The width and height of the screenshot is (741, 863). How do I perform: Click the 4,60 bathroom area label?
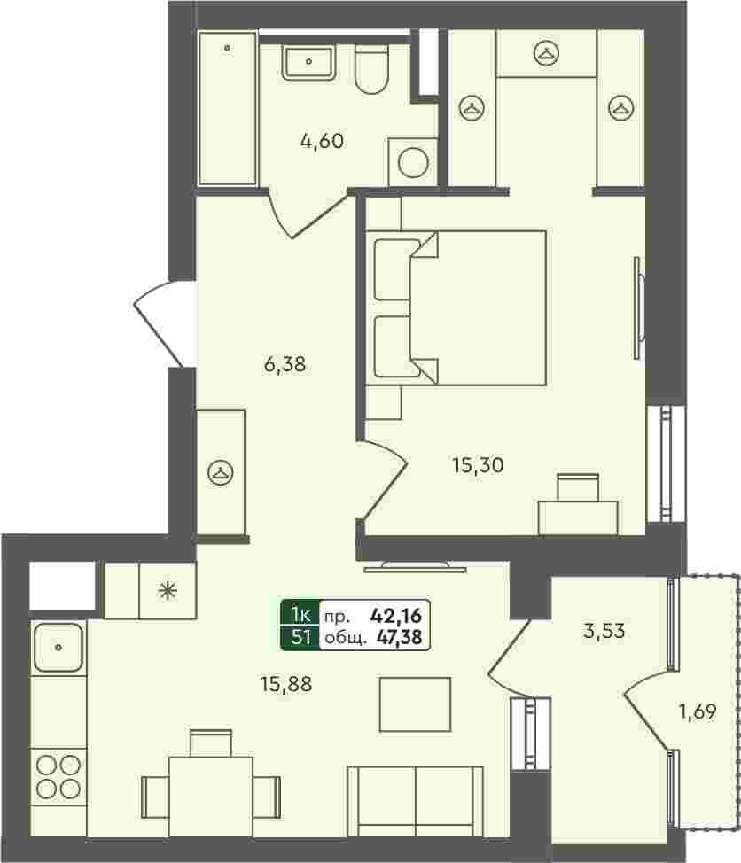(322, 141)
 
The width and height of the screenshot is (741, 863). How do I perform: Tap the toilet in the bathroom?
(371, 68)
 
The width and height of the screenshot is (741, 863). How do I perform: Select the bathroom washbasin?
(308, 62)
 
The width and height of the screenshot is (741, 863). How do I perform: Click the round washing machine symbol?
(413, 163)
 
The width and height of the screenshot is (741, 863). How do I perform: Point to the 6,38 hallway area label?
(285, 364)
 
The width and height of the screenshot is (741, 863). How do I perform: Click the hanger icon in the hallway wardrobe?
(220, 472)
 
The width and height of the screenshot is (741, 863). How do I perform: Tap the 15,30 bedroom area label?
(478, 466)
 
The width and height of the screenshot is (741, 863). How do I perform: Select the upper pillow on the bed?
(396, 269)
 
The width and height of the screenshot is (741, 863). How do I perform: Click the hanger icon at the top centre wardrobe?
(546, 53)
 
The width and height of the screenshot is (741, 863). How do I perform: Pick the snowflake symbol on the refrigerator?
(168, 591)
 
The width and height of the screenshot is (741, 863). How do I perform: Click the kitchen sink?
(58, 647)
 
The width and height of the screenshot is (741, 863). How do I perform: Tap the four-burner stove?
(58, 777)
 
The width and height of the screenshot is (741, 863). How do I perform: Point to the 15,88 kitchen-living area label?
(286, 684)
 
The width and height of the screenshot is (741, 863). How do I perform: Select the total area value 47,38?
(399, 637)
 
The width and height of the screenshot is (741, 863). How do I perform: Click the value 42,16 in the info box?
(396, 615)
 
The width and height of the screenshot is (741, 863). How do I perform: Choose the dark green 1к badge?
(300, 614)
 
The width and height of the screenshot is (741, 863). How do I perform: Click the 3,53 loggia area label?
(604, 631)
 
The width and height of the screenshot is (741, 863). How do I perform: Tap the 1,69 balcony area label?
(698, 711)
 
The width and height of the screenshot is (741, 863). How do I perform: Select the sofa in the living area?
(416, 801)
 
